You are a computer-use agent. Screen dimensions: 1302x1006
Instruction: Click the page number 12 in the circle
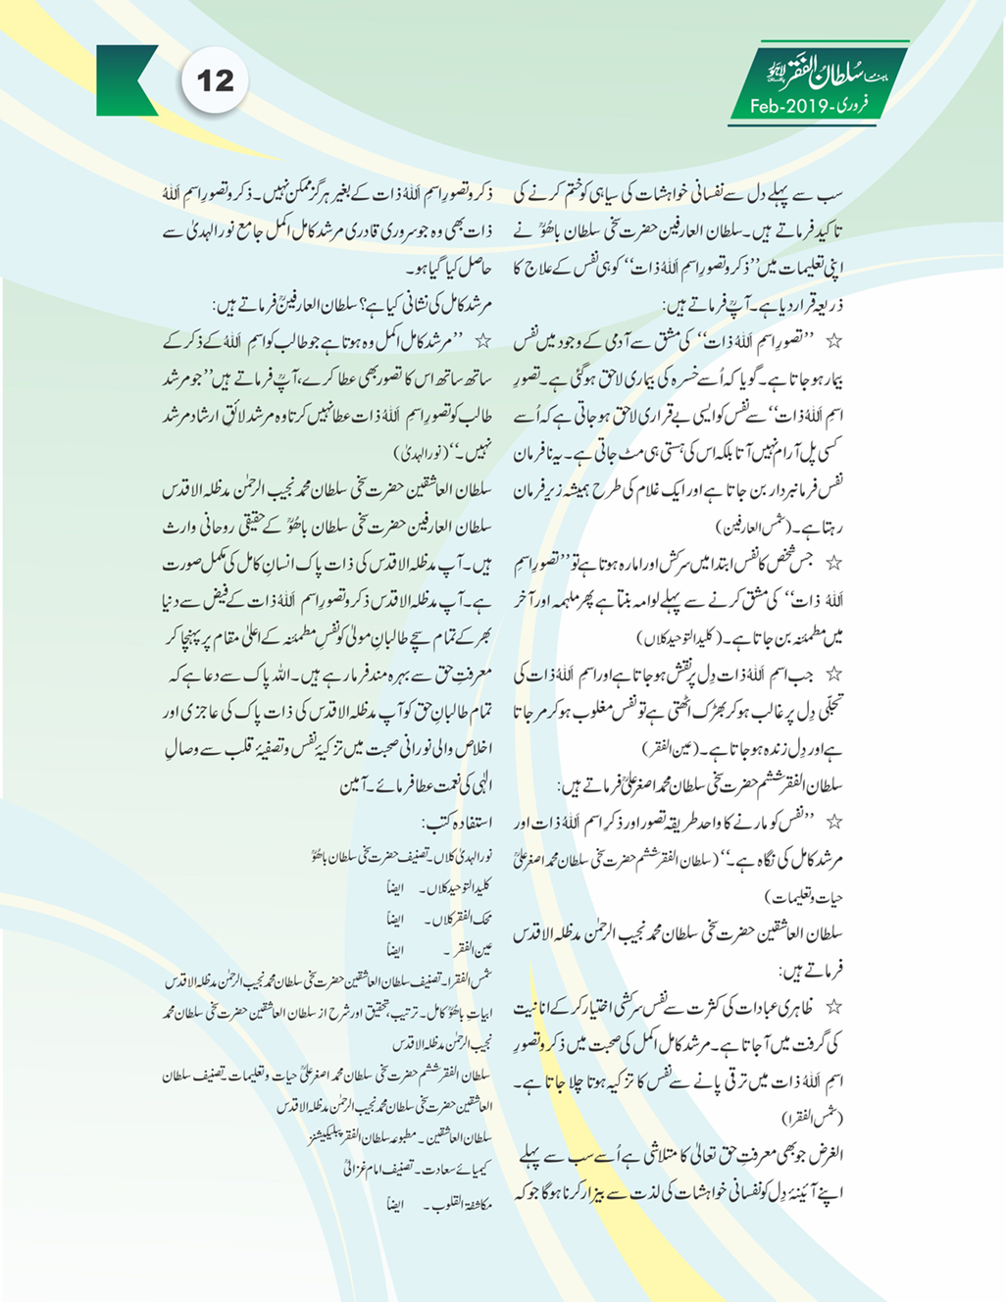(215, 80)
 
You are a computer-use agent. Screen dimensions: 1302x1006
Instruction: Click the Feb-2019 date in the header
(784, 106)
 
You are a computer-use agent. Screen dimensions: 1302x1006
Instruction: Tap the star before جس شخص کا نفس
(833, 564)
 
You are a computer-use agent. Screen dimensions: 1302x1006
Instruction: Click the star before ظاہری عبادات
(833, 1007)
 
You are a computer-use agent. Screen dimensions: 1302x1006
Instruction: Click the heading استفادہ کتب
(457, 822)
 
